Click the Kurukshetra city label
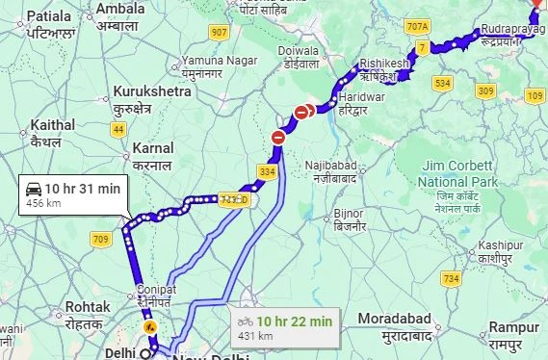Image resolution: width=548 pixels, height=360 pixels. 152,90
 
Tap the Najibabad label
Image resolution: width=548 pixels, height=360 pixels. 331,167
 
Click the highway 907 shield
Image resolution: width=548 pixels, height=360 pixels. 220,33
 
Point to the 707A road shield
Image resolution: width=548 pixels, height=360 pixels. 417,26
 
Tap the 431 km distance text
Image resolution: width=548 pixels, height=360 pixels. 255,335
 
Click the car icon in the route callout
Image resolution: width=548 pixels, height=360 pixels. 34,188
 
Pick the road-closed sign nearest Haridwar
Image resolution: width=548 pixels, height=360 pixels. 302,113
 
